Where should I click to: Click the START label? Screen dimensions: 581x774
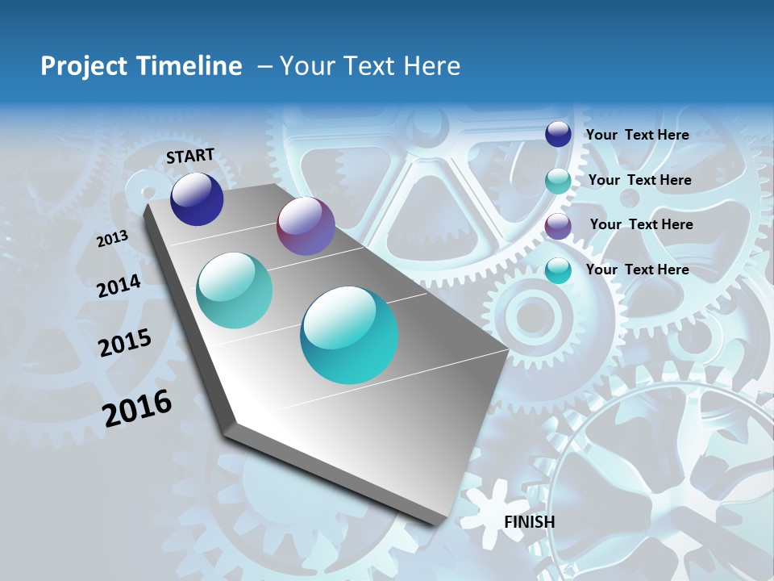tap(190, 156)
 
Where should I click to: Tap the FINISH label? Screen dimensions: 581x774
tap(529, 522)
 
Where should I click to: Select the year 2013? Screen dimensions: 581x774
tap(112, 239)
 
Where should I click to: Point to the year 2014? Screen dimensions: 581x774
tap(119, 286)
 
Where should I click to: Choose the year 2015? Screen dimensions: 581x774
tap(125, 342)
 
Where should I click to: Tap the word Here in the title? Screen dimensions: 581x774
tap(431, 66)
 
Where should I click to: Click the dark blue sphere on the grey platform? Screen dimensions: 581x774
tap(197, 199)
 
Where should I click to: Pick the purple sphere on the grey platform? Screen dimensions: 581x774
tap(306, 226)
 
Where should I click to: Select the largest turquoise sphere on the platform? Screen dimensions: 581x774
tap(349, 335)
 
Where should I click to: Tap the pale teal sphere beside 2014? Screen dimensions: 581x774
tap(235, 290)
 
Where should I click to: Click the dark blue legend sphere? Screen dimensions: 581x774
tap(558, 134)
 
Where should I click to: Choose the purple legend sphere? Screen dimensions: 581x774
tap(558, 225)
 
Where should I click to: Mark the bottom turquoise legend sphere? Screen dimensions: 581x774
tap(558, 270)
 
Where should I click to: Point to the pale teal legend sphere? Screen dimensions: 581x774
tap(558, 181)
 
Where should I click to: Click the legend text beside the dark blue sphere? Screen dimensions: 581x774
tap(637, 135)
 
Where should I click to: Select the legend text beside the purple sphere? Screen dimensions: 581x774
tap(641, 224)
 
